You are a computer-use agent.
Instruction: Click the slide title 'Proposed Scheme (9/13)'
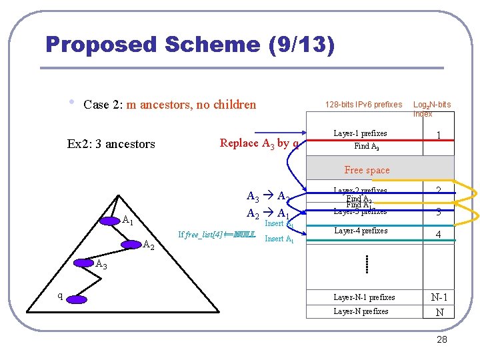pyautogui.click(x=190, y=45)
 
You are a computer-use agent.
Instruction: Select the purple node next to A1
pyautogui.click(x=111, y=220)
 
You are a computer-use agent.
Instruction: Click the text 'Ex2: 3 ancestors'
pyautogui.click(x=111, y=143)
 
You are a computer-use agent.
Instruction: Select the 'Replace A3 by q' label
pyautogui.click(x=259, y=143)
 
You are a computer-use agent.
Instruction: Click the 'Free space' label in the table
pyautogui.click(x=367, y=170)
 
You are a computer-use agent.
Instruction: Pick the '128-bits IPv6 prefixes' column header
pyautogui.click(x=363, y=105)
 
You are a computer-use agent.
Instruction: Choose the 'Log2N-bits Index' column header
pyautogui.click(x=431, y=109)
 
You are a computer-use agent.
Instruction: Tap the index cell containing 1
pyautogui.click(x=438, y=135)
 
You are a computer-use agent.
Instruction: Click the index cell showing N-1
pyautogui.click(x=439, y=297)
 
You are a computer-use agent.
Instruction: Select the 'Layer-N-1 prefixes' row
pyautogui.click(x=364, y=297)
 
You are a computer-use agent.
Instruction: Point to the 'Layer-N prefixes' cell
pyautogui.click(x=361, y=311)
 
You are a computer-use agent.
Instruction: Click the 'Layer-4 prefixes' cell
pyautogui.click(x=360, y=231)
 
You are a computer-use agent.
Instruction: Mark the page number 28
pyautogui.click(x=441, y=340)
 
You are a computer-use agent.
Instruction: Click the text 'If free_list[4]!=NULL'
pyautogui.click(x=217, y=235)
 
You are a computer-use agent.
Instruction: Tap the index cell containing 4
pyautogui.click(x=438, y=235)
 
